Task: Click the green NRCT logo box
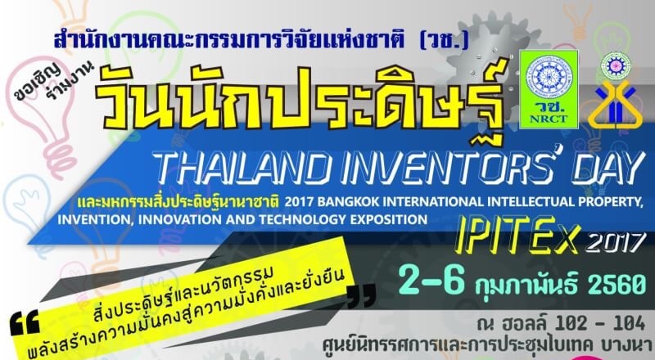click(549, 89)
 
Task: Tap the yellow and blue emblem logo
click(616, 105)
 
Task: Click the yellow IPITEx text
click(517, 240)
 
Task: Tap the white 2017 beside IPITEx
click(613, 242)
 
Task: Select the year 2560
click(617, 284)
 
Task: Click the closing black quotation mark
click(362, 295)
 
